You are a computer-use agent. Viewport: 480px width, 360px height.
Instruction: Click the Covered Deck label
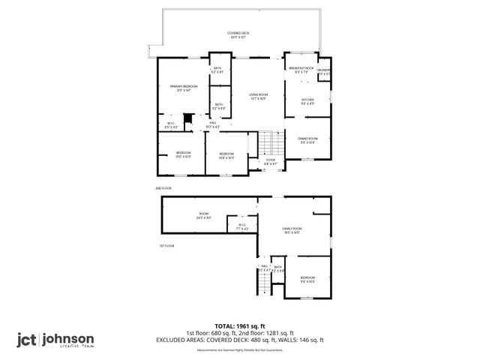click(239, 34)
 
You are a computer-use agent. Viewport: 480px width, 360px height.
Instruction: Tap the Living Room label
click(258, 96)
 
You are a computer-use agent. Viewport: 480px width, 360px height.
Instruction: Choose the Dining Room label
click(307, 140)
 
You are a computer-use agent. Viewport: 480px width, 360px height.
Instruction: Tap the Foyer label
click(271, 161)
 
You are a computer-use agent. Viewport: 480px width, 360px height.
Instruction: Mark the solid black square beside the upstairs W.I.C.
click(188, 118)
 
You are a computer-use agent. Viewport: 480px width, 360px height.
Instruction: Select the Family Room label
click(291, 229)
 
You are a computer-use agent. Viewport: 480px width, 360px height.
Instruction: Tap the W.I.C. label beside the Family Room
click(242, 227)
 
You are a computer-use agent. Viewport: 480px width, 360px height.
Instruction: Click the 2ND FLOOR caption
click(163, 187)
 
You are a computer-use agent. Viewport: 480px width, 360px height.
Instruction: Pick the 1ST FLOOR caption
click(166, 245)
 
